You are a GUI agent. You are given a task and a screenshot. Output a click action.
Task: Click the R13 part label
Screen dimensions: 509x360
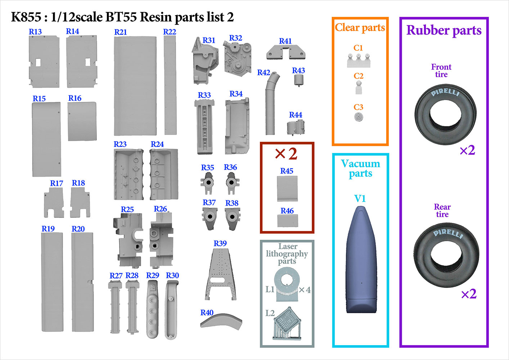coord(35,32)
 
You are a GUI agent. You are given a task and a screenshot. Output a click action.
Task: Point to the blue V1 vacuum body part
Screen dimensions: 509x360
coord(361,260)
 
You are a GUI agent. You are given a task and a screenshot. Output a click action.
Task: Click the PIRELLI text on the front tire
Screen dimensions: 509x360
coord(445,92)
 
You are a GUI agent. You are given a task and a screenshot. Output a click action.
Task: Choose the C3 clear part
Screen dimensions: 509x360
coord(359,117)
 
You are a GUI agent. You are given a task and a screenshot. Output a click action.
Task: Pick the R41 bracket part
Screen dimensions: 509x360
coord(286,53)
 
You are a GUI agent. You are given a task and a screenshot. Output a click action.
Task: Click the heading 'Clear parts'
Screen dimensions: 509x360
coord(360,28)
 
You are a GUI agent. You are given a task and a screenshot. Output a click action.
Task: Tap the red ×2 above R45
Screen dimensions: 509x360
coord(286,154)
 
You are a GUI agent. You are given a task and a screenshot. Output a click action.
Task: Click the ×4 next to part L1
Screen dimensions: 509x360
coord(305,290)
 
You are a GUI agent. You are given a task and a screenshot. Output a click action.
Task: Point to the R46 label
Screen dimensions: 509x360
coord(287,211)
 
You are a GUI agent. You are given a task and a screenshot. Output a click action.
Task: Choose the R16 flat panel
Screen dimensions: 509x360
coord(82,121)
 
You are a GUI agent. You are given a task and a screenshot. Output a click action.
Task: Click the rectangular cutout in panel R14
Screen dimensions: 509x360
coord(88,62)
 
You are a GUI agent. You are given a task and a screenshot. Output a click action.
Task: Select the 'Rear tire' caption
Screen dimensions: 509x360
coord(442,211)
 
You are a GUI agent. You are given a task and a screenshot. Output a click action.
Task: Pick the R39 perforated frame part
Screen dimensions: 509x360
coord(221,274)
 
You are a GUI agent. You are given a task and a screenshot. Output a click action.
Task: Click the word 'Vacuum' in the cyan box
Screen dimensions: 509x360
coord(361,164)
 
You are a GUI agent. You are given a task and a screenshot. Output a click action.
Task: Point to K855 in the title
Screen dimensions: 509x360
coord(26,17)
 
